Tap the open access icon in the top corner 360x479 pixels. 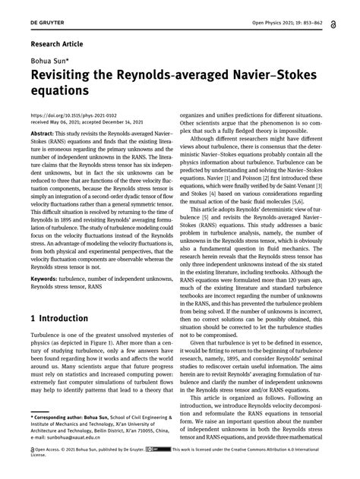pos(347,11)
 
